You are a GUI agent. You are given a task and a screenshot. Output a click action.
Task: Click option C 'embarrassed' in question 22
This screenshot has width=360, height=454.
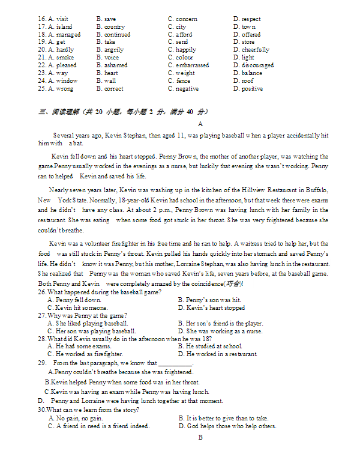pyautogui.click(x=188, y=65)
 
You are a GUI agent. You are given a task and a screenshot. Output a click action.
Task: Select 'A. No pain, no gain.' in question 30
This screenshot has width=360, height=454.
pyautogui.click(x=75, y=419)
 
